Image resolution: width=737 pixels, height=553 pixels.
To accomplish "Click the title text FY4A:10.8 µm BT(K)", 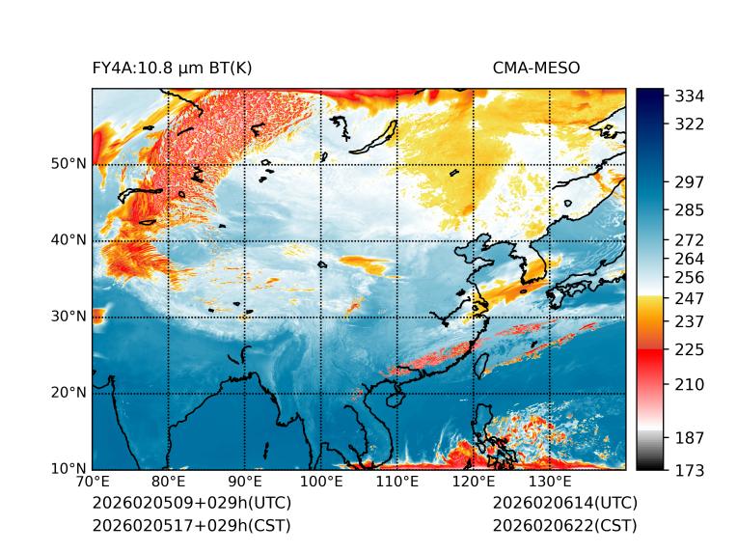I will [x=172, y=68].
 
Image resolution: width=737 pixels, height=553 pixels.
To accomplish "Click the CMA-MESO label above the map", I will [x=535, y=68].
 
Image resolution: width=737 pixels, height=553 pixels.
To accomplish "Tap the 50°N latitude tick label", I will [x=68, y=164].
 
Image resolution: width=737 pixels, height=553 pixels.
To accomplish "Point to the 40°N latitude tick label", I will [x=68, y=240].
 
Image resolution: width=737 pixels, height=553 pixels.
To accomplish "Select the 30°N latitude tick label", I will [x=68, y=317].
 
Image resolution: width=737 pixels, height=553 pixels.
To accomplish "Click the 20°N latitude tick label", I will [x=68, y=393].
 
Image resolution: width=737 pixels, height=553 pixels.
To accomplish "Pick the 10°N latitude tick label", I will [x=68, y=470].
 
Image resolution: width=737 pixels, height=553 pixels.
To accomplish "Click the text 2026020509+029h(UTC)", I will [x=191, y=504].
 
